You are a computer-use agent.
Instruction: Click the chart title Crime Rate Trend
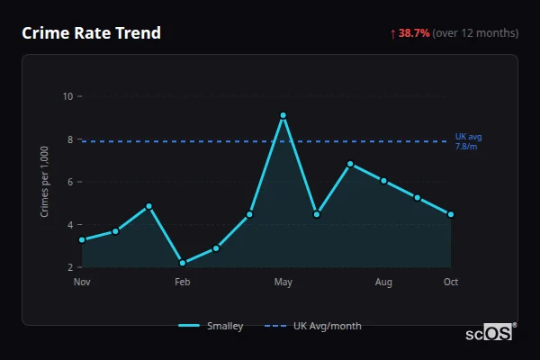coord(91,33)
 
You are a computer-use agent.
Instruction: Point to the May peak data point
coord(283,115)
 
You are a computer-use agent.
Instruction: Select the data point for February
coord(183,263)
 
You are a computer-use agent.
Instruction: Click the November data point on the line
coord(82,239)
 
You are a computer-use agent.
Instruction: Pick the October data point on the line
coord(451,214)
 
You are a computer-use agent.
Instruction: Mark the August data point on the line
coord(383,181)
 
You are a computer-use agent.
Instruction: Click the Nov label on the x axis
coord(82,283)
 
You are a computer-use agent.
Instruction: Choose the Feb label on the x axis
coord(183,283)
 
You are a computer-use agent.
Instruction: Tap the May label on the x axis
coord(283,283)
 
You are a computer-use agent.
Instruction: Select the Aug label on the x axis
coord(383,283)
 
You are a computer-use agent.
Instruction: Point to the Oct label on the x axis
coord(451,283)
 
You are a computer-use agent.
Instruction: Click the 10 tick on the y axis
coord(67,96)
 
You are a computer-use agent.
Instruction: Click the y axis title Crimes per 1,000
coord(45,182)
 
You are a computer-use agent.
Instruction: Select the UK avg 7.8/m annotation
coord(469,141)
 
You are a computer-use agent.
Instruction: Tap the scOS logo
coord(489,333)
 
